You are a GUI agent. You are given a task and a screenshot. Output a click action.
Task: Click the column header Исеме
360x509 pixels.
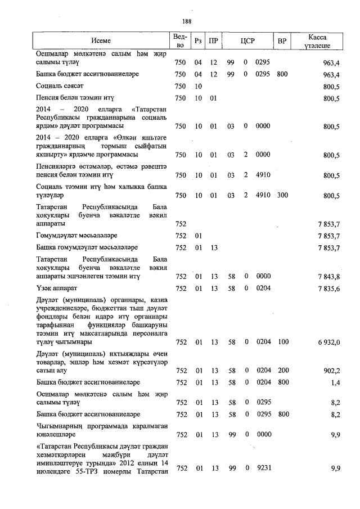[101, 41]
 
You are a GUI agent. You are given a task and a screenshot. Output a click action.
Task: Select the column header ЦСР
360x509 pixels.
[247, 41]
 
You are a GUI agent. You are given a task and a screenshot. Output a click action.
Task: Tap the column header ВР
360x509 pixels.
[282, 41]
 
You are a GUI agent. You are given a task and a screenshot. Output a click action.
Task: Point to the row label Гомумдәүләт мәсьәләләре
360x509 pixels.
[76, 235]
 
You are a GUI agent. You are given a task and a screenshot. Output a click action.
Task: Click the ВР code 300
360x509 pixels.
[282, 196]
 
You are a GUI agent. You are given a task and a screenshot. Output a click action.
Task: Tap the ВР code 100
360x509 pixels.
[282, 342]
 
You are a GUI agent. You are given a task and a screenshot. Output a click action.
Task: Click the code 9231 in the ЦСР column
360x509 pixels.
[263, 468]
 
